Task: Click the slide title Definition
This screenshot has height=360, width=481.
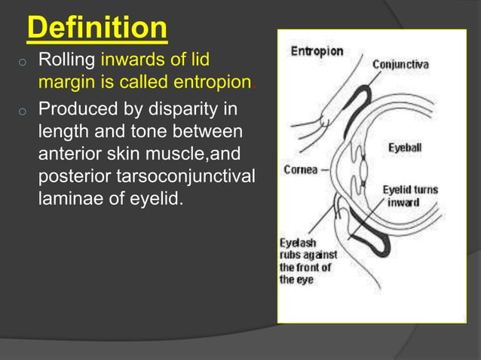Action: coord(97,28)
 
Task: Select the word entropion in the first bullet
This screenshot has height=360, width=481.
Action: coord(217,81)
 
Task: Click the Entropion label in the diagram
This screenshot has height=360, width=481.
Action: coord(317,52)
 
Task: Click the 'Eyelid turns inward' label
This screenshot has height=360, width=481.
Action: coord(409,196)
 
